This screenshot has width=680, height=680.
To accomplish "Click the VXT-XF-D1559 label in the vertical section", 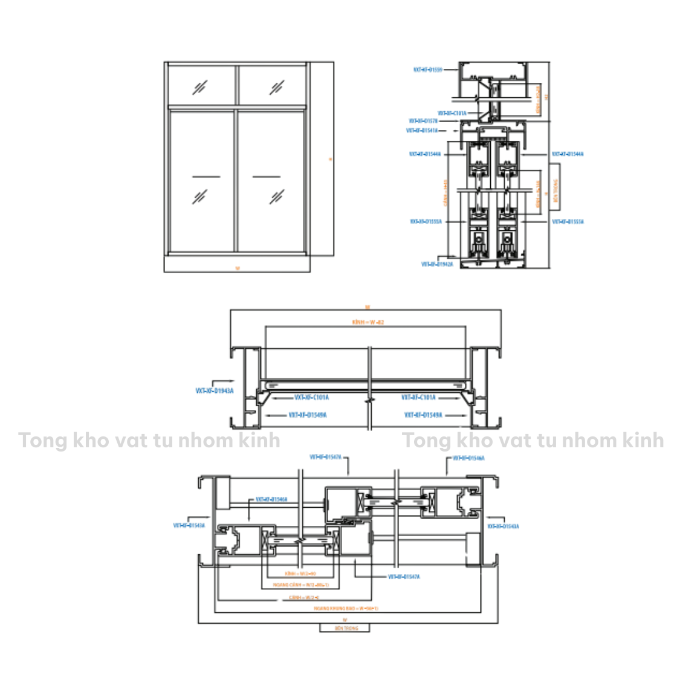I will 427,70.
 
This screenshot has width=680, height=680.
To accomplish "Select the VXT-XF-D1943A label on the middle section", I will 214,391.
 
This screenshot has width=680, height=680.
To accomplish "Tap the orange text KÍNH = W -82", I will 368,322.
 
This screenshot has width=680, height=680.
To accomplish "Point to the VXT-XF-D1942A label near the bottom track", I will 437,264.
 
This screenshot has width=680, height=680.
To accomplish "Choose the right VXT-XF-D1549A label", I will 423,415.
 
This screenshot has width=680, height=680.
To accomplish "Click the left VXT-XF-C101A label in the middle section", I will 311,398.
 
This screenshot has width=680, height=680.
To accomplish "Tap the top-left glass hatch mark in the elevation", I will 200,88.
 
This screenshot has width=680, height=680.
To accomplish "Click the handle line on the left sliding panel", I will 206,177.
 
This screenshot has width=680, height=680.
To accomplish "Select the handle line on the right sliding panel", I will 267,177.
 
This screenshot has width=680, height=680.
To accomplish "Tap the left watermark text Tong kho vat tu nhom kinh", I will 149,441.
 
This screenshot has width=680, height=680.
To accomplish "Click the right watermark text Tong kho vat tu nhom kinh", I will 533,441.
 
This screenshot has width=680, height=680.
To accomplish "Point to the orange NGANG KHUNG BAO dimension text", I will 346,608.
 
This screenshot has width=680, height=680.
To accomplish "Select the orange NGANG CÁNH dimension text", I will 300,585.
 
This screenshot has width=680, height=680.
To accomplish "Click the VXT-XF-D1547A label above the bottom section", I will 325,458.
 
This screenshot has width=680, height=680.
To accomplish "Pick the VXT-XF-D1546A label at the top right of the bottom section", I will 468,458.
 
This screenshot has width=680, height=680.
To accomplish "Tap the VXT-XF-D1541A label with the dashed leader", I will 422,131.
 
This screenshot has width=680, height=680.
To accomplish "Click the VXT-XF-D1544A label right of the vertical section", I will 568,154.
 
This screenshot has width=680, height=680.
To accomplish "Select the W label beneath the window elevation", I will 238,268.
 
